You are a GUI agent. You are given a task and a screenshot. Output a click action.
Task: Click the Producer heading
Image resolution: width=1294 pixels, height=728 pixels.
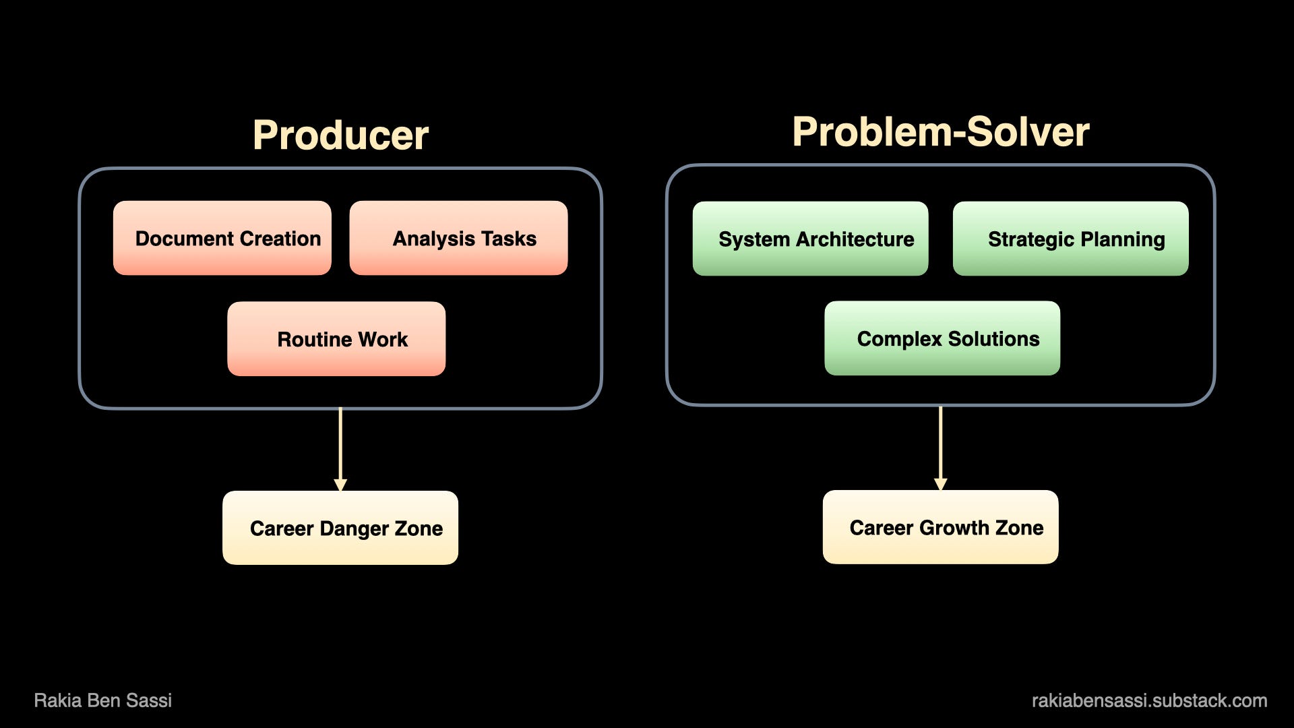click(x=340, y=135)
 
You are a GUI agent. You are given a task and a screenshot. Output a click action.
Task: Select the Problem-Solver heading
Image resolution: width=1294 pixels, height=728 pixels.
click(x=941, y=131)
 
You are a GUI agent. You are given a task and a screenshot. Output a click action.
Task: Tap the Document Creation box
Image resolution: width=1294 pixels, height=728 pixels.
click(x=222, y=238)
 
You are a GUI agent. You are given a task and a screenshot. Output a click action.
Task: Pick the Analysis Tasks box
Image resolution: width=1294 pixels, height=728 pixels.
click(x=458, y=238)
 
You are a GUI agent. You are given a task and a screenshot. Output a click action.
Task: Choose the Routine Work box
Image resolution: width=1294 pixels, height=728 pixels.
click(x=336, y=338)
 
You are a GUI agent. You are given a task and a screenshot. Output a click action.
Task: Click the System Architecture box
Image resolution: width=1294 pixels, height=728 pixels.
click(x=810, y=239)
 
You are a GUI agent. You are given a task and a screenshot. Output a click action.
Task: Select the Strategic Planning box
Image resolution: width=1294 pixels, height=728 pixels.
click(x=1070, y=239)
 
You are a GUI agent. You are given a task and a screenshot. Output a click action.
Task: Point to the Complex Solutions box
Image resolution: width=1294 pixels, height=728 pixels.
click(x=942, y=338)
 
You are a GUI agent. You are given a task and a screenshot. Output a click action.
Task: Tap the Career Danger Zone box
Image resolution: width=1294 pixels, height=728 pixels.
click(x=340, y=528)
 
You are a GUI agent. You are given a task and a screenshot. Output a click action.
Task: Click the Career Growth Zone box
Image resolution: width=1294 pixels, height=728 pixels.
click(x=941, y=527)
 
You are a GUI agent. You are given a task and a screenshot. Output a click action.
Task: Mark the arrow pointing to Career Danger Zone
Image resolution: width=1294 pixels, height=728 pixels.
click(x=340, y=449)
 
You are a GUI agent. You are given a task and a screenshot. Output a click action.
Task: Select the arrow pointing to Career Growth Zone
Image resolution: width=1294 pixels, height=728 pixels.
click(x=941, y=448)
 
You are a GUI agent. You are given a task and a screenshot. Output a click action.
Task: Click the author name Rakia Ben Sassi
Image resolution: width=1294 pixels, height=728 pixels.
click(x=103, y=700)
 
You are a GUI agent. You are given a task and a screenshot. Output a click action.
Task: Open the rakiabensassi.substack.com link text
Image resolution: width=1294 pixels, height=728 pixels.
click(x=1149, y=700)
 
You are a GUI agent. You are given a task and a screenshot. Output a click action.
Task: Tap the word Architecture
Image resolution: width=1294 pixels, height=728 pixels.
click(x=855, y=239)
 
